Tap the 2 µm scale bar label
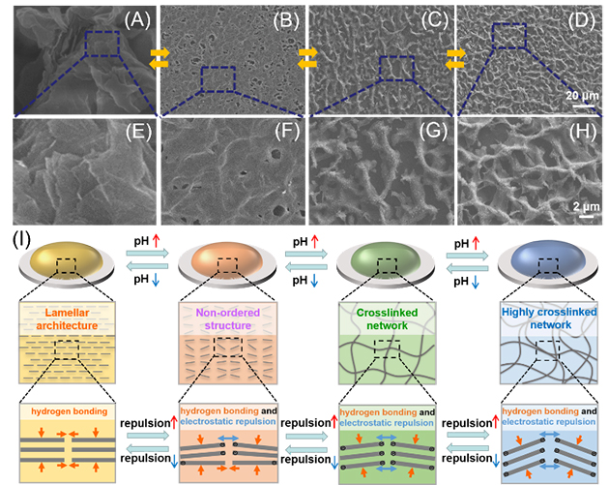tap(581, 207)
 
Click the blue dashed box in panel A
tap(102, 44)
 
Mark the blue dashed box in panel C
tap(395, 68)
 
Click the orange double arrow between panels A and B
tap(159, 58)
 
